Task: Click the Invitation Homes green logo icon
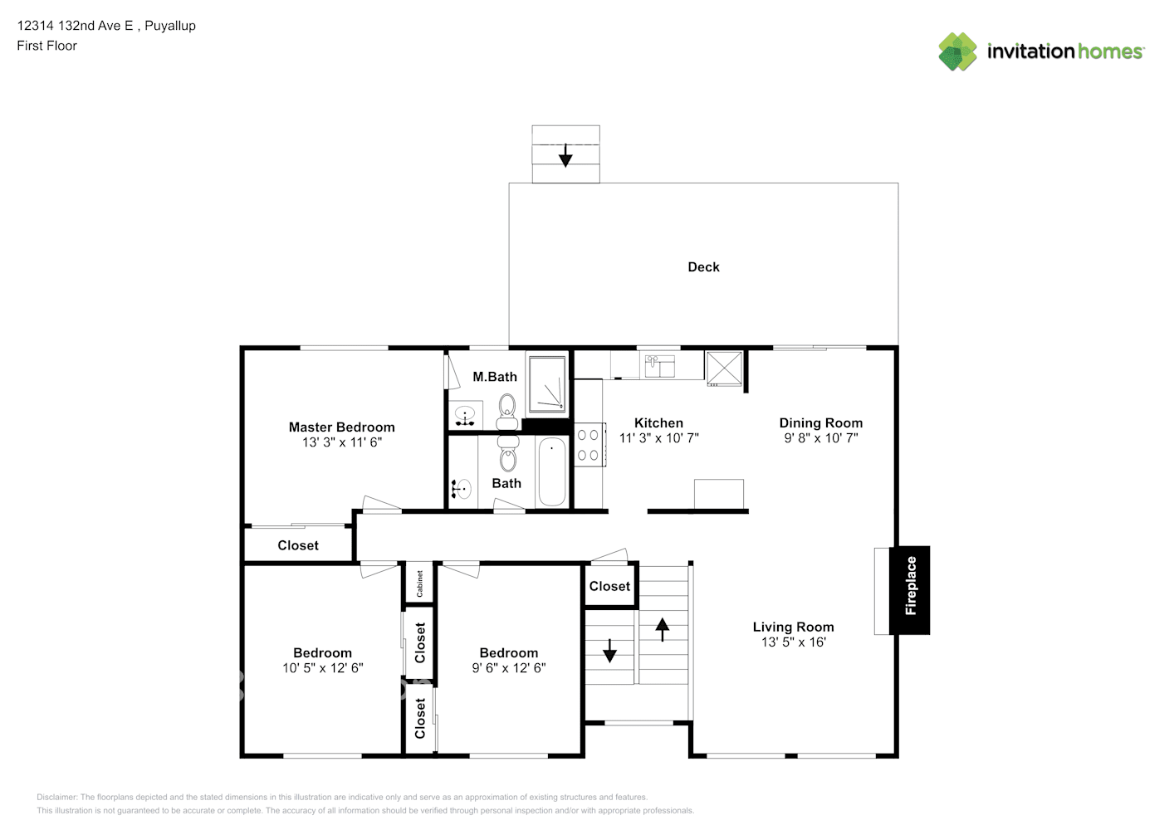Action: coord(957,51)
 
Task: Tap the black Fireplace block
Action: coord(910,590)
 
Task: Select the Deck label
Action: coord(703,267)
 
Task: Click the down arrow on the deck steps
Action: coord(565,155)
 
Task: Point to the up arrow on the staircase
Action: coord(662,630)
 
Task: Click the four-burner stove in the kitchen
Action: coord(590,445)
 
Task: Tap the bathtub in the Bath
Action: coord(552,471)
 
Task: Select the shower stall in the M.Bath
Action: coord(547,383)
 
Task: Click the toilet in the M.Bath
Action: coord(506,413)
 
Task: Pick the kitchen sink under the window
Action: coord(660,366)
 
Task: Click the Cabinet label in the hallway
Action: coord(419,583)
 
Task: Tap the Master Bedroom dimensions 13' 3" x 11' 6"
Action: coord(342,442)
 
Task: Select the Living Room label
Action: coord(793,627)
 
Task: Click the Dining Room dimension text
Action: coord(821,437)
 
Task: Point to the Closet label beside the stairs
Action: coord(609,586)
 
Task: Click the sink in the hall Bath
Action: coord(462,489)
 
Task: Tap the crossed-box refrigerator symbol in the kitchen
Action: coord(724,369)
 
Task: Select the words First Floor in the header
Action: coord(46,46)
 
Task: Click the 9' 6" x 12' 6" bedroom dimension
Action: coord(508,667)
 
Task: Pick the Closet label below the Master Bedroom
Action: coord(298,545)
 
